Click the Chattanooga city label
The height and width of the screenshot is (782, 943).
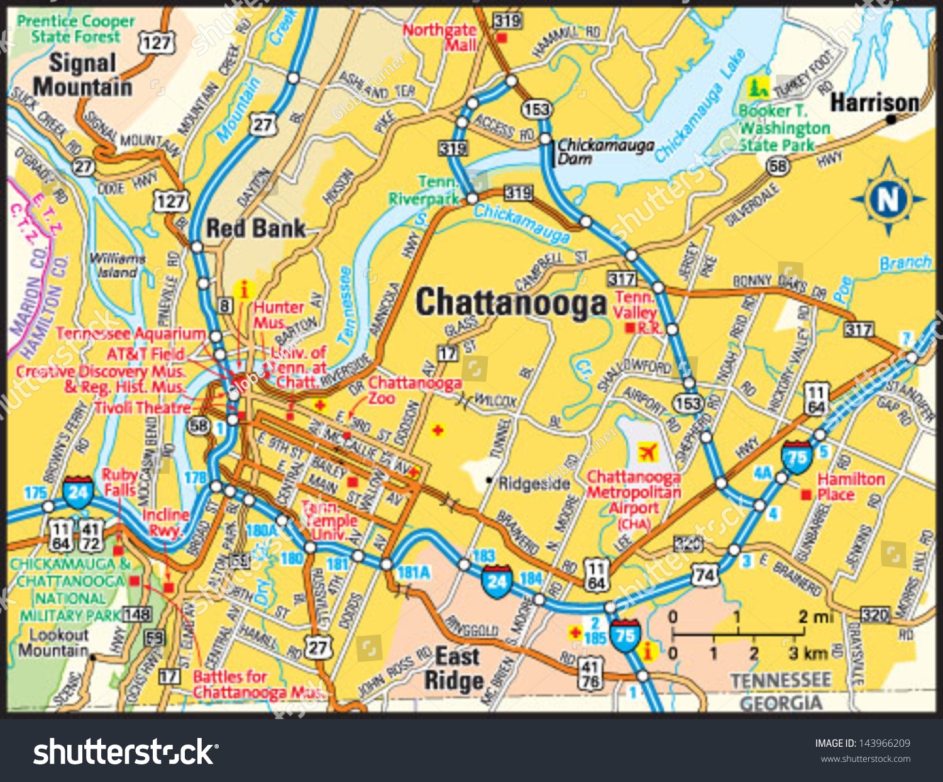coord(510,303)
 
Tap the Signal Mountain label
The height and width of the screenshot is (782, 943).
coord(82,75)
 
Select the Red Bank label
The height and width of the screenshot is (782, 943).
coord(256,228)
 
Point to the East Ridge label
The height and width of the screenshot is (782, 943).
coord(455,669)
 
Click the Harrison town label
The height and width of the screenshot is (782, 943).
coord(874,103)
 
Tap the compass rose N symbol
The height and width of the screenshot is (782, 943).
coord(888,199)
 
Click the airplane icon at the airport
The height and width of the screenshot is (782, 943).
coord(647,452)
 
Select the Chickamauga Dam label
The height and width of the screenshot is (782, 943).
coord(605,152)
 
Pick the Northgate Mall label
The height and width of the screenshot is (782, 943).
coord(441,37)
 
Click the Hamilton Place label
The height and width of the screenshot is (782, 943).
coord(851,486)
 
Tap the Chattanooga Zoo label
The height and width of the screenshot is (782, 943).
coord(414,390)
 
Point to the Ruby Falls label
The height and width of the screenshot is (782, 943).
coord(119,482)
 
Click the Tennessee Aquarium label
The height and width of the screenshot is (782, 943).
coord(131,333)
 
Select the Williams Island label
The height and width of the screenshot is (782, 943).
coord(116,265)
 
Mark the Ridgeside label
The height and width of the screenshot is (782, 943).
coord(534,483)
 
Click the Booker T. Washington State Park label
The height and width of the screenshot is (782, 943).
coord(784,128)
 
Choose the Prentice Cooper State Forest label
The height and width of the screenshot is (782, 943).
coord(75,29)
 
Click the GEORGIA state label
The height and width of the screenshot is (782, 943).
coord(781,703)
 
